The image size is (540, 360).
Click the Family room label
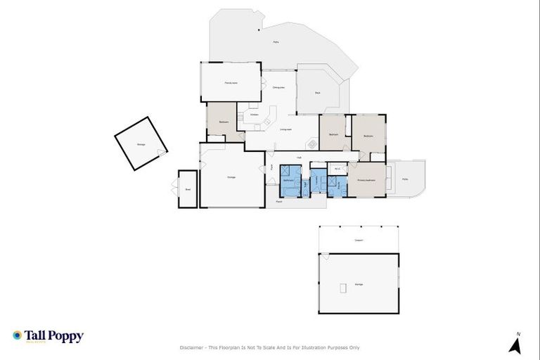coord(231,84)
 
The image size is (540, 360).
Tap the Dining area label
coord(278,87)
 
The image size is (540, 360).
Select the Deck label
coord(318,92)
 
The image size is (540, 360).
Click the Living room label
coord(285,129)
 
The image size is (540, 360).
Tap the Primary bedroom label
coord(366,180)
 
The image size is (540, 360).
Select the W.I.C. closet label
coord(337,169)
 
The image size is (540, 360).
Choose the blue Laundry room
coord(319,182)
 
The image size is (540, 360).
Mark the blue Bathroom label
coord(289,181)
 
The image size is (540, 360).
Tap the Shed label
coord(187,189)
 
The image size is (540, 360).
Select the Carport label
coord(359,240)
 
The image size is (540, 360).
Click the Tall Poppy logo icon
coord(18,335)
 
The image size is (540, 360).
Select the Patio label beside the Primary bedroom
coord(404,179)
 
